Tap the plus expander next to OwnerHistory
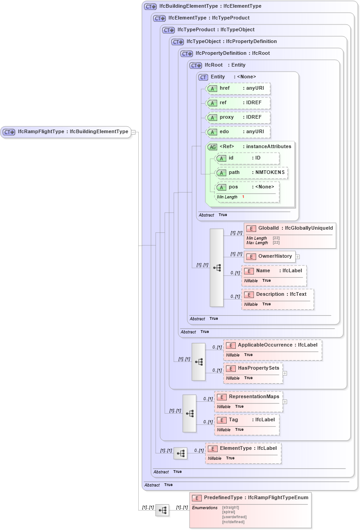298,257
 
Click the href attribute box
238,88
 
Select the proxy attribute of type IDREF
238,117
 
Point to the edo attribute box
238,132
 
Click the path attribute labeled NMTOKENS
251,173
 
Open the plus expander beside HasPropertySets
285,373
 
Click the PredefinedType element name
223,498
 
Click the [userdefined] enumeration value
234,517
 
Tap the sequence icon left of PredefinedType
162,510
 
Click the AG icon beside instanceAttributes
212,147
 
